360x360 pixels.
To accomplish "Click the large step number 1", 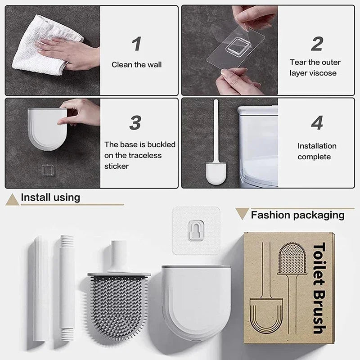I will tap(137, 44).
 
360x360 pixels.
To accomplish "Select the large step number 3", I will tap(135, 123).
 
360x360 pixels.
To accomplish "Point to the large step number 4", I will tap(317, 123).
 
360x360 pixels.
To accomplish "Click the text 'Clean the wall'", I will tap(136, 65).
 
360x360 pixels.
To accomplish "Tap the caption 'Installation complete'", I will tap(317, 151).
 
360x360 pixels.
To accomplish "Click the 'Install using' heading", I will tap(50, 197).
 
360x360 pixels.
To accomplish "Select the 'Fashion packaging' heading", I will tap(297, 215).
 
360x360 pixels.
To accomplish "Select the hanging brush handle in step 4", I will tap(215, 130).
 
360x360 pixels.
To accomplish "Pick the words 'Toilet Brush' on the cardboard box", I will tap(319, 288).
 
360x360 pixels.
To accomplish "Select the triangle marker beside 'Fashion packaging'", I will tap(242, 214).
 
